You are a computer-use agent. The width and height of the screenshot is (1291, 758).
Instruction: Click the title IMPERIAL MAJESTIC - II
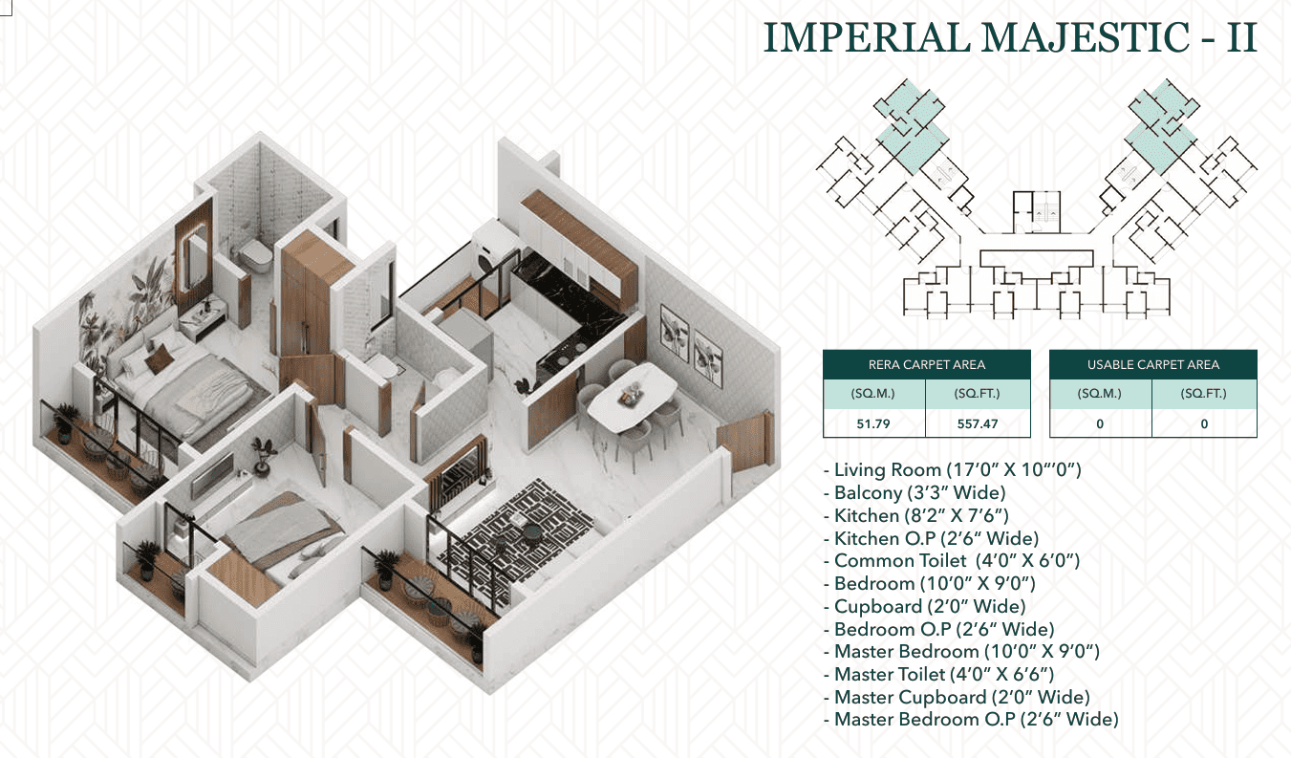click(1010, 37)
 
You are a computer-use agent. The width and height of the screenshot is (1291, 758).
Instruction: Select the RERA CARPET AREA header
click(927, 364)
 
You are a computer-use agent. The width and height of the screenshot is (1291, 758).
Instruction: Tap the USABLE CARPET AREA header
click(1152, 364)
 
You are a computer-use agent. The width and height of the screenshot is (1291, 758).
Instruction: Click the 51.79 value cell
click(873, 423)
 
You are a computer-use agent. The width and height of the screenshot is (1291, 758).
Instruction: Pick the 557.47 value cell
click(978, 423)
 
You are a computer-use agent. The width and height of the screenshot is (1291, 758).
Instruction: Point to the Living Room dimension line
click(953, 469)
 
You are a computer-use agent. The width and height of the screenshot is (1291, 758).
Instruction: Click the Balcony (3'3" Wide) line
click(915, 493)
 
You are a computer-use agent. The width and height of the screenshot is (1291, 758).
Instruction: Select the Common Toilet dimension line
click(952, 560)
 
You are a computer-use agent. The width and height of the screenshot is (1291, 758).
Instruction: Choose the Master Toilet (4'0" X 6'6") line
click(939, 674)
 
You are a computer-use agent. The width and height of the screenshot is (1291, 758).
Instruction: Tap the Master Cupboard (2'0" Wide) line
click(957, 697)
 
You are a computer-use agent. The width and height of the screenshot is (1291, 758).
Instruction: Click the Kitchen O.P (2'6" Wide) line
click(932, 538)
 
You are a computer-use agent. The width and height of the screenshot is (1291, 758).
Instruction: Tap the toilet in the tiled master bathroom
click(253, 255)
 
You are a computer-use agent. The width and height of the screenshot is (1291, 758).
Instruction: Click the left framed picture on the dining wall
click(675, 334)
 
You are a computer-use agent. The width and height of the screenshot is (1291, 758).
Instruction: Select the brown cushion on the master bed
click(159, 359)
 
